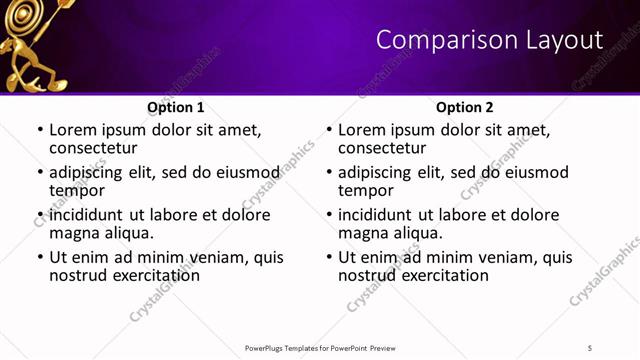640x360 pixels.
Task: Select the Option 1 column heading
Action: click(x=176, y=107)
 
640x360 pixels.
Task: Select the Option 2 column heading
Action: click(x=465, y=107)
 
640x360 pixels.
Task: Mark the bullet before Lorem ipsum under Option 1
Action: click(x=39, y=130)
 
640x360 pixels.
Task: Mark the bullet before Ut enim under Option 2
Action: click(x=328, y=257)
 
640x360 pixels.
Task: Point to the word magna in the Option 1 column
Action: click(x=73, y=233)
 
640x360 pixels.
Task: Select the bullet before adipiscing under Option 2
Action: click(x=328, y=172)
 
